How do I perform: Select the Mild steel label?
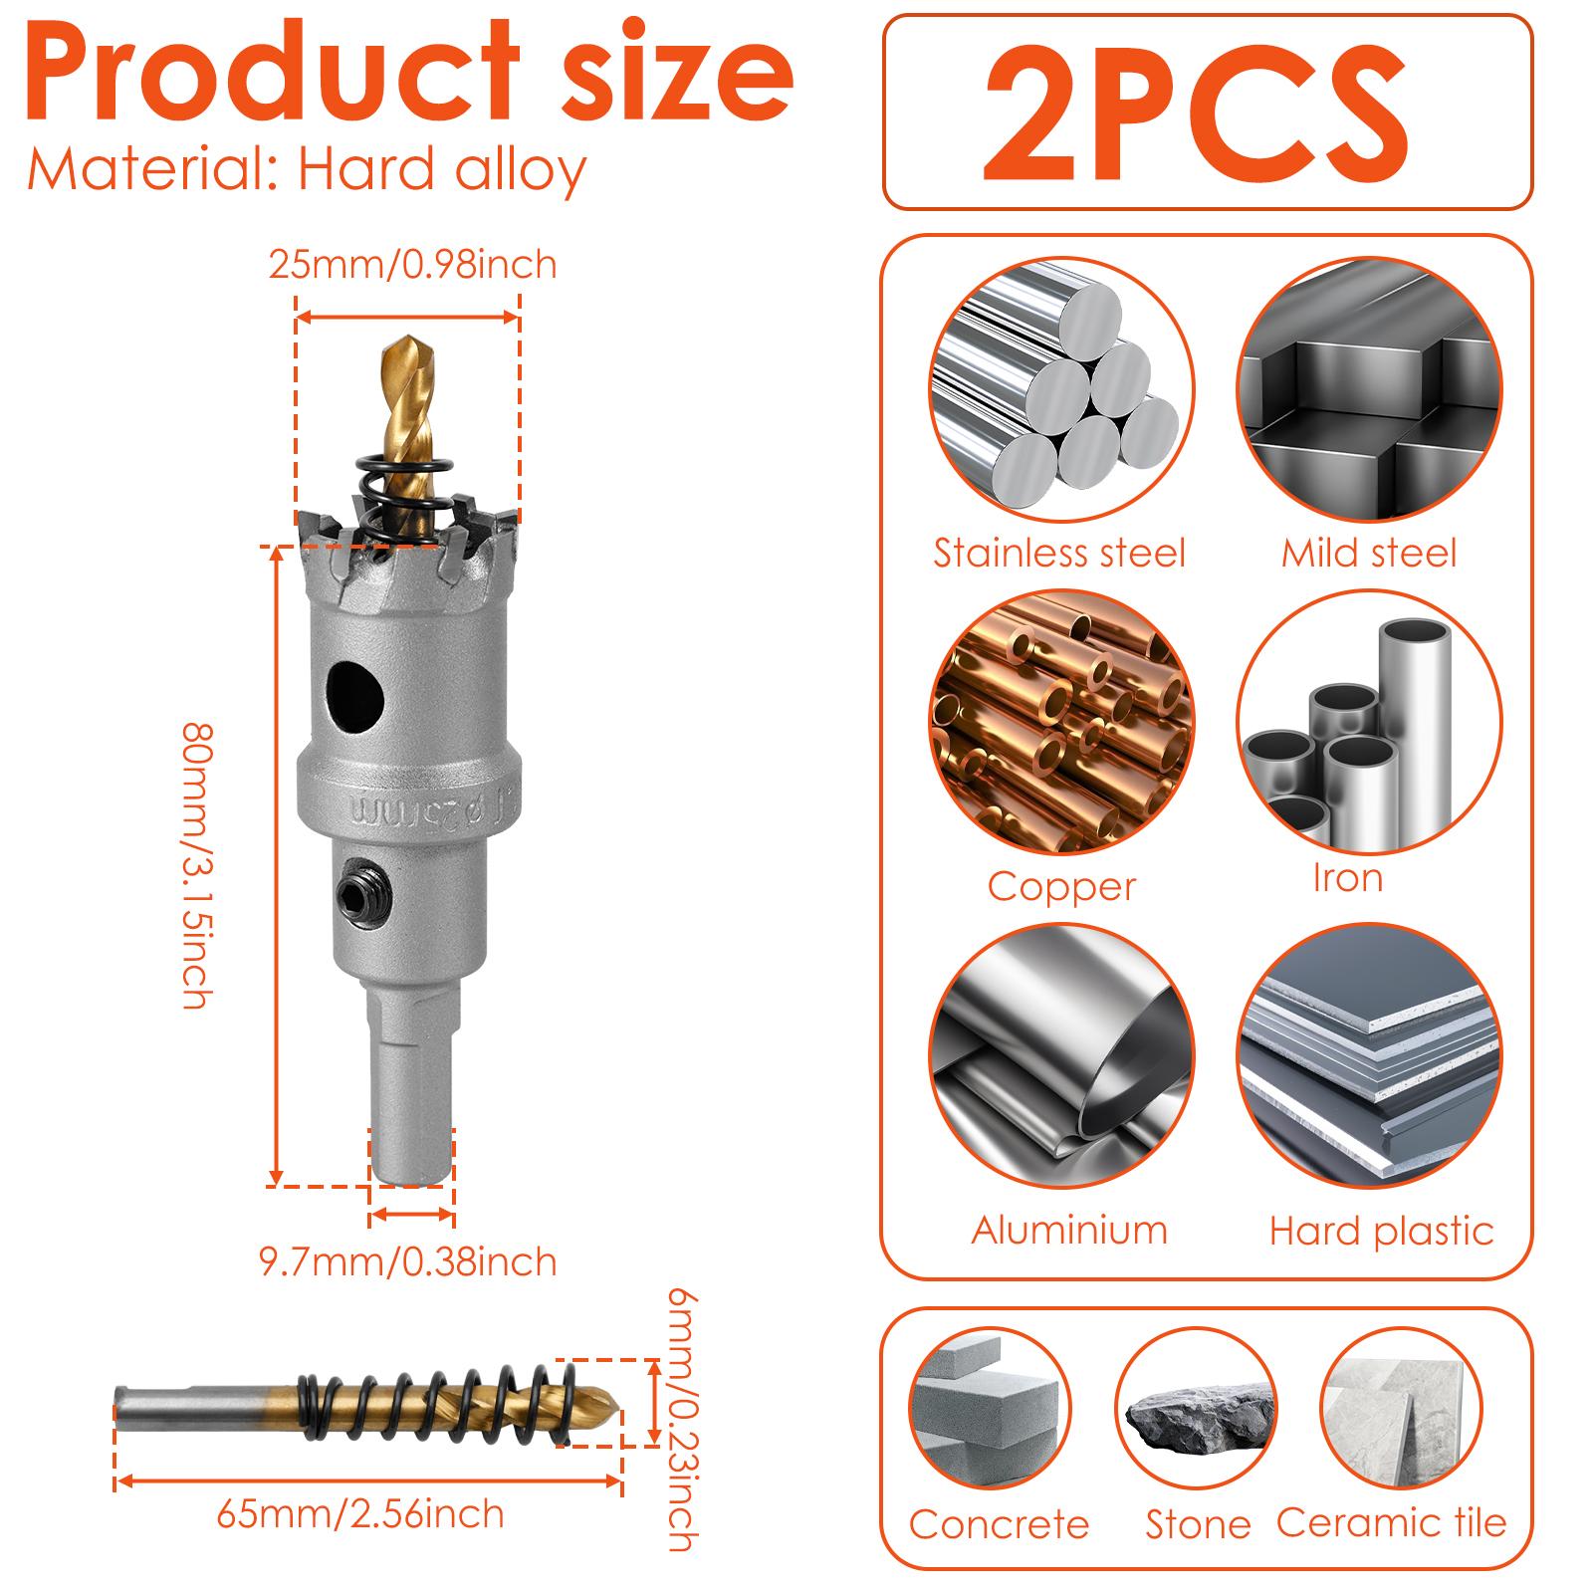[1368, 554]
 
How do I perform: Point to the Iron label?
[1347, 878]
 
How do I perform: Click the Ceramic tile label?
[1392, 1523]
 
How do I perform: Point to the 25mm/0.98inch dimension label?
[412, 265]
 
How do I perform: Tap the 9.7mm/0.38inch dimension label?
[408, 1262]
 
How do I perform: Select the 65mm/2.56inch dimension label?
[360, 1515]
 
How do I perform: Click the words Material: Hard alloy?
[307, 169]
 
